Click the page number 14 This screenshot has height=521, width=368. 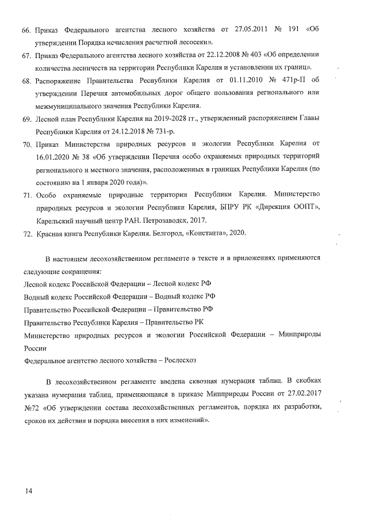pos(28,490)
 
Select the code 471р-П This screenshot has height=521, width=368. pos(301,81)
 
